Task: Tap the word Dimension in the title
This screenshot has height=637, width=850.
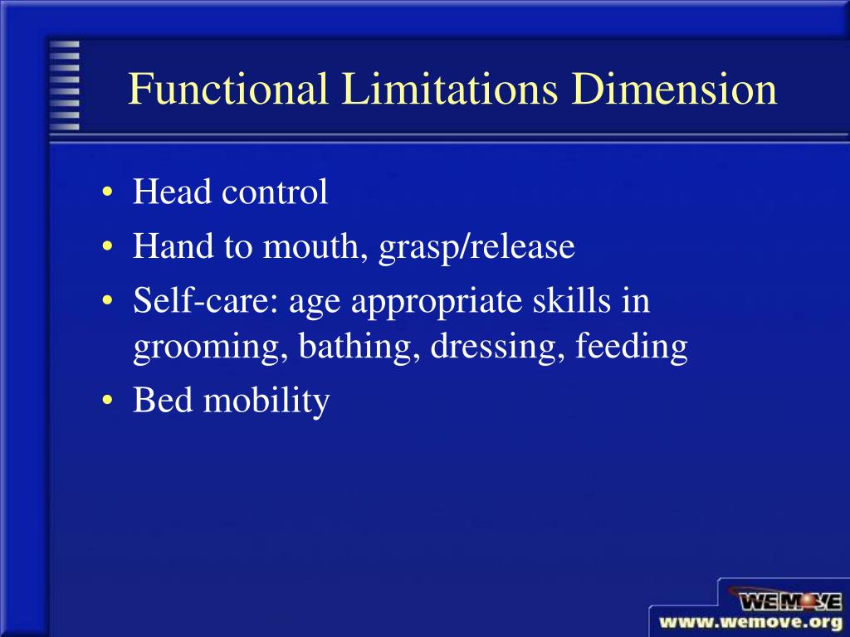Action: coord(674,90)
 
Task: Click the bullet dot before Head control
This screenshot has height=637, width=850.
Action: coord(110,194)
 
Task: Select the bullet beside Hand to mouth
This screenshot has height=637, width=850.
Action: coord(110,247)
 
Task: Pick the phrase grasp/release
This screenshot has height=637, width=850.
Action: coord(476,248)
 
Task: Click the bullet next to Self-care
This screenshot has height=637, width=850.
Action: coord(110,301)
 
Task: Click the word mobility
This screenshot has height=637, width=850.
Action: coord(266,401)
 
